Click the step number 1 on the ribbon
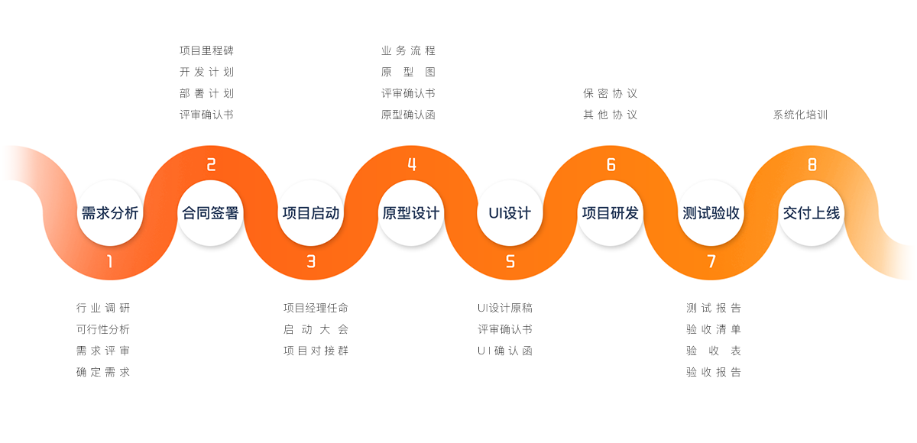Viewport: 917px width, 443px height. [x=110, y=261]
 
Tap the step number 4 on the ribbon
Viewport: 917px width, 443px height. [x=412, y=164]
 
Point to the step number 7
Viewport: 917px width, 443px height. [x=711, y=261]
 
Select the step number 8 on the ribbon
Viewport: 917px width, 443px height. [x=812, y=164]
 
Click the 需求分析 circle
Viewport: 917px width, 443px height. [x=110, y=212]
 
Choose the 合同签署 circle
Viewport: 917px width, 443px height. [x=210, y=212]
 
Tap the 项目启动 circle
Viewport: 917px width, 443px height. [x=311, y=212]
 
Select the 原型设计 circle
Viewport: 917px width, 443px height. [x=411, y=212]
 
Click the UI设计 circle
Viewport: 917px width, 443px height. [x=510, y=212]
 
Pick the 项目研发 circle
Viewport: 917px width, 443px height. [x=611, y=212]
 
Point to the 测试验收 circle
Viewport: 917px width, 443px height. [x=711, y=212]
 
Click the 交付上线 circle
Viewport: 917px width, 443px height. [x=812, y=212]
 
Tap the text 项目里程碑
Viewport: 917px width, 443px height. [x=207, y=50]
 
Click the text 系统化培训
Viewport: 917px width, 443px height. [x=800, y=115]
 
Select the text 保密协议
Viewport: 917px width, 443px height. [x=611, y=94]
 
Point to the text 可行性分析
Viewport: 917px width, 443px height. [x=103, y=329]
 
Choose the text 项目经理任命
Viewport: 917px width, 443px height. [x=316, y=308]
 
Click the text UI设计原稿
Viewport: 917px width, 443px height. [x=505, y=308]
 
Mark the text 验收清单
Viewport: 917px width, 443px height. [x=714, y=329]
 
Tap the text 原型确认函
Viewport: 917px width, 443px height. [x=408, y=115]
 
